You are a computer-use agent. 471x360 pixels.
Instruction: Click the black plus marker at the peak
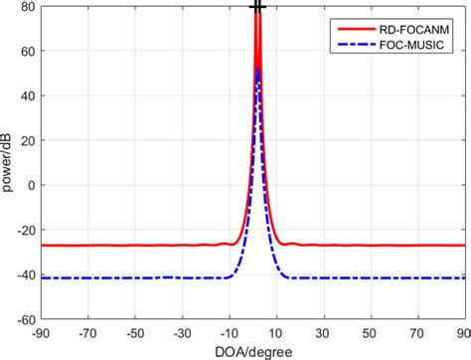point(257,7)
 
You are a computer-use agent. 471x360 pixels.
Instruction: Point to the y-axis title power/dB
point(9,163)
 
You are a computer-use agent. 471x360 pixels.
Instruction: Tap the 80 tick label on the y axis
point(28,7)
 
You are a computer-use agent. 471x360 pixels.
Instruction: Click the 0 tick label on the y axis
point(32,186)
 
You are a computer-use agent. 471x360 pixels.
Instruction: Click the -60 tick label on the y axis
point(26,320)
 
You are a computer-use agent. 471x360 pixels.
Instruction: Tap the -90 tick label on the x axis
point(42,333)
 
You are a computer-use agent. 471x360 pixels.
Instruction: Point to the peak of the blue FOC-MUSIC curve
point(257,69)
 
